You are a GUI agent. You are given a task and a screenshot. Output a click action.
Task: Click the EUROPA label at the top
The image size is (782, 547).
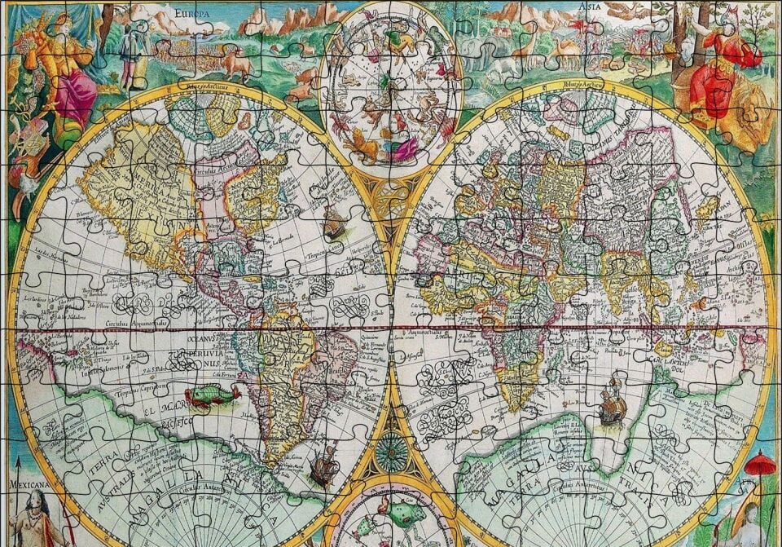(191, 14)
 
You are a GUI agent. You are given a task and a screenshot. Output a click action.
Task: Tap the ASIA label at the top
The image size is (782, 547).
(590, 7)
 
